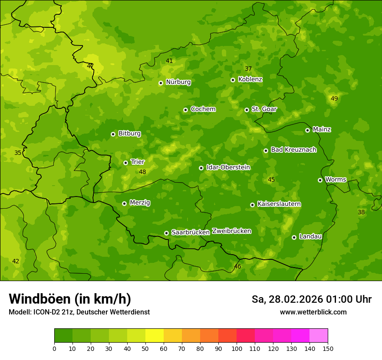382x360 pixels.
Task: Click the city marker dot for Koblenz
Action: (x=233, y=80)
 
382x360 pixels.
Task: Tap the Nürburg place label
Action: (x=178, y=82)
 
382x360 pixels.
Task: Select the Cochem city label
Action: (x=203, y=109)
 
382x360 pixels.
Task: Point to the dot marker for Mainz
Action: (x=307, y=130)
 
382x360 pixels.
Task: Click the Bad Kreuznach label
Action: (x=293, y=150)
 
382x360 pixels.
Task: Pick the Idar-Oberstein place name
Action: (x=228, y=167)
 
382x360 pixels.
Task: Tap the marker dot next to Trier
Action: (x=125, y=163)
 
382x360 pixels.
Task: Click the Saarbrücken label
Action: (x=190, y=232)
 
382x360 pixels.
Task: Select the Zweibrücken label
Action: (x=231, y=231)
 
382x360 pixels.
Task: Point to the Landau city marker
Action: (x=294, y=237)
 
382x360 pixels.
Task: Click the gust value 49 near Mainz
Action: (x=334, y=99)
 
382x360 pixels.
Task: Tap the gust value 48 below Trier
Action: (x=142, y=172)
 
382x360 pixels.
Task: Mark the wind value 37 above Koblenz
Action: (x=248, y=69)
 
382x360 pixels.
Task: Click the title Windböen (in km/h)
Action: (x=69, y=299)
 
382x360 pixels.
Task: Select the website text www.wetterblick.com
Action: (x=313, y=312)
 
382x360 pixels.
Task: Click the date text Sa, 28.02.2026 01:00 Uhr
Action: (x=311, y=299)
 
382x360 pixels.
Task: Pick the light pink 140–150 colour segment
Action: (x=319, y=336)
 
